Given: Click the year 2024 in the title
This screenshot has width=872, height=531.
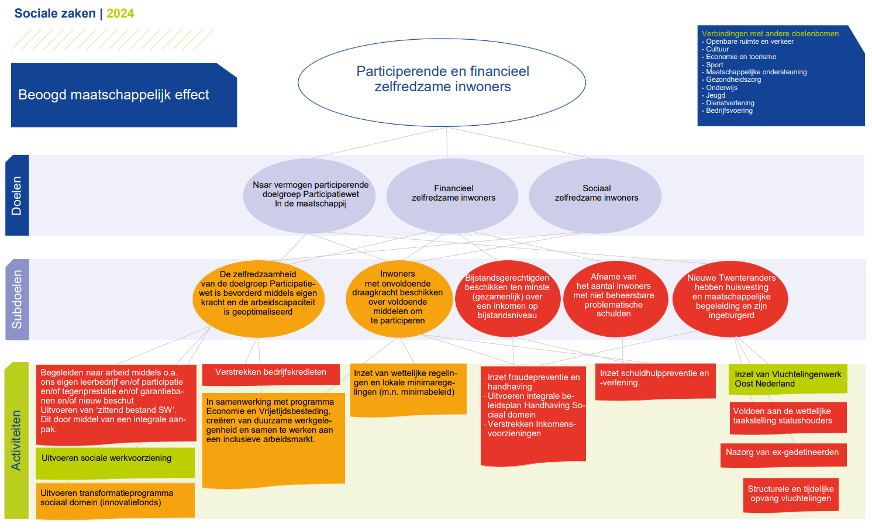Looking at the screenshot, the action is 120,13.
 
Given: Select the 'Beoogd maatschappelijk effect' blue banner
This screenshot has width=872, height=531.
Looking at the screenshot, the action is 124,95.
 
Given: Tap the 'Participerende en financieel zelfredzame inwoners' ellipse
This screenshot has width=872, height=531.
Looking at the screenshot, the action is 442,82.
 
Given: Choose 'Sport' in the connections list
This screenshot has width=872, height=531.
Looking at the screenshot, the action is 714,65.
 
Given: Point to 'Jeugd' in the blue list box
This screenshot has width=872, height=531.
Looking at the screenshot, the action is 715,95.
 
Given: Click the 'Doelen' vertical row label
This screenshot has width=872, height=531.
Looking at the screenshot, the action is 17,195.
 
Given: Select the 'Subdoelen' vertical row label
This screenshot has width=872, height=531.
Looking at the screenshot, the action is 17,299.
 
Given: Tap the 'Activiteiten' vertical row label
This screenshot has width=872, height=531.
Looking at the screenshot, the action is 16,440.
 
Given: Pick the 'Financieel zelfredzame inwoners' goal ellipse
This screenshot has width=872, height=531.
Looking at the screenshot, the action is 452,196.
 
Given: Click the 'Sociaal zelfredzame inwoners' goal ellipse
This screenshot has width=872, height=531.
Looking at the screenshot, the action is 595,196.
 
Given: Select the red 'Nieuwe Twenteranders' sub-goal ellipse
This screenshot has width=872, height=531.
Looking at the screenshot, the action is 730,299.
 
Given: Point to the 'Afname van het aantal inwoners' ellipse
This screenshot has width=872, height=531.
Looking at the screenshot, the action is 615,299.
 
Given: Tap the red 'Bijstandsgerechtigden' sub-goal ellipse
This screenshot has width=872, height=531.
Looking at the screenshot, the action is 508,299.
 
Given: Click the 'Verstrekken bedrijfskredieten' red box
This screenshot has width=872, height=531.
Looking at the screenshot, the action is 271,374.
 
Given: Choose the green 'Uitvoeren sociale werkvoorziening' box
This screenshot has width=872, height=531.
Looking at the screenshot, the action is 115,463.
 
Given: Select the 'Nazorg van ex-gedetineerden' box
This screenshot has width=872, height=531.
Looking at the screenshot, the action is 784,455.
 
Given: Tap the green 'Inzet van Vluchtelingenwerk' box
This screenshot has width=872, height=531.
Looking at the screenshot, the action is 788,380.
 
